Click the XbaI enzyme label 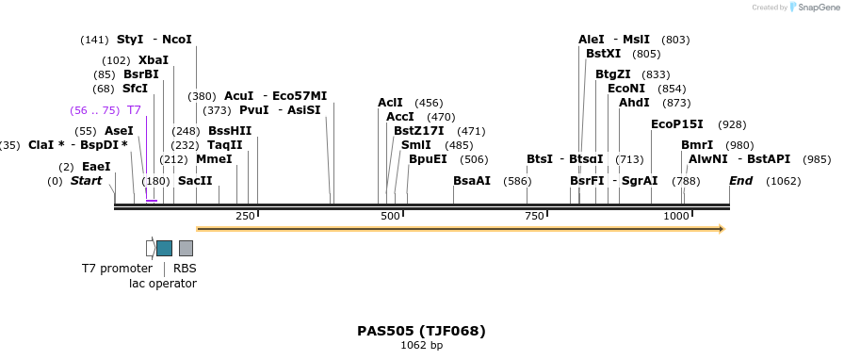tap(154, 60)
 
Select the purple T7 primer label tap(134, 110)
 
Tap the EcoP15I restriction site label tap(676, 124)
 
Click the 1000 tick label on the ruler tap(675, 217)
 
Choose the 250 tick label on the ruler tap(245, 217)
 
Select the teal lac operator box tap(164, 248)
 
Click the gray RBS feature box tap(186, 248)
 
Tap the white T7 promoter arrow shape tap(151, 248)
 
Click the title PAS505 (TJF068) tap(421, 331)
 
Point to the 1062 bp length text tap(421, 346)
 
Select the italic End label tap(740, 181)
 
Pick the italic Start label tap(86, 181)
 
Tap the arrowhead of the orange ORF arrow tap(721, 229)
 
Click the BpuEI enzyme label tap(428, 159)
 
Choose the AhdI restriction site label tap(634, 103)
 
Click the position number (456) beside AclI tap(429, 103)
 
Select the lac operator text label tap(162, 284)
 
